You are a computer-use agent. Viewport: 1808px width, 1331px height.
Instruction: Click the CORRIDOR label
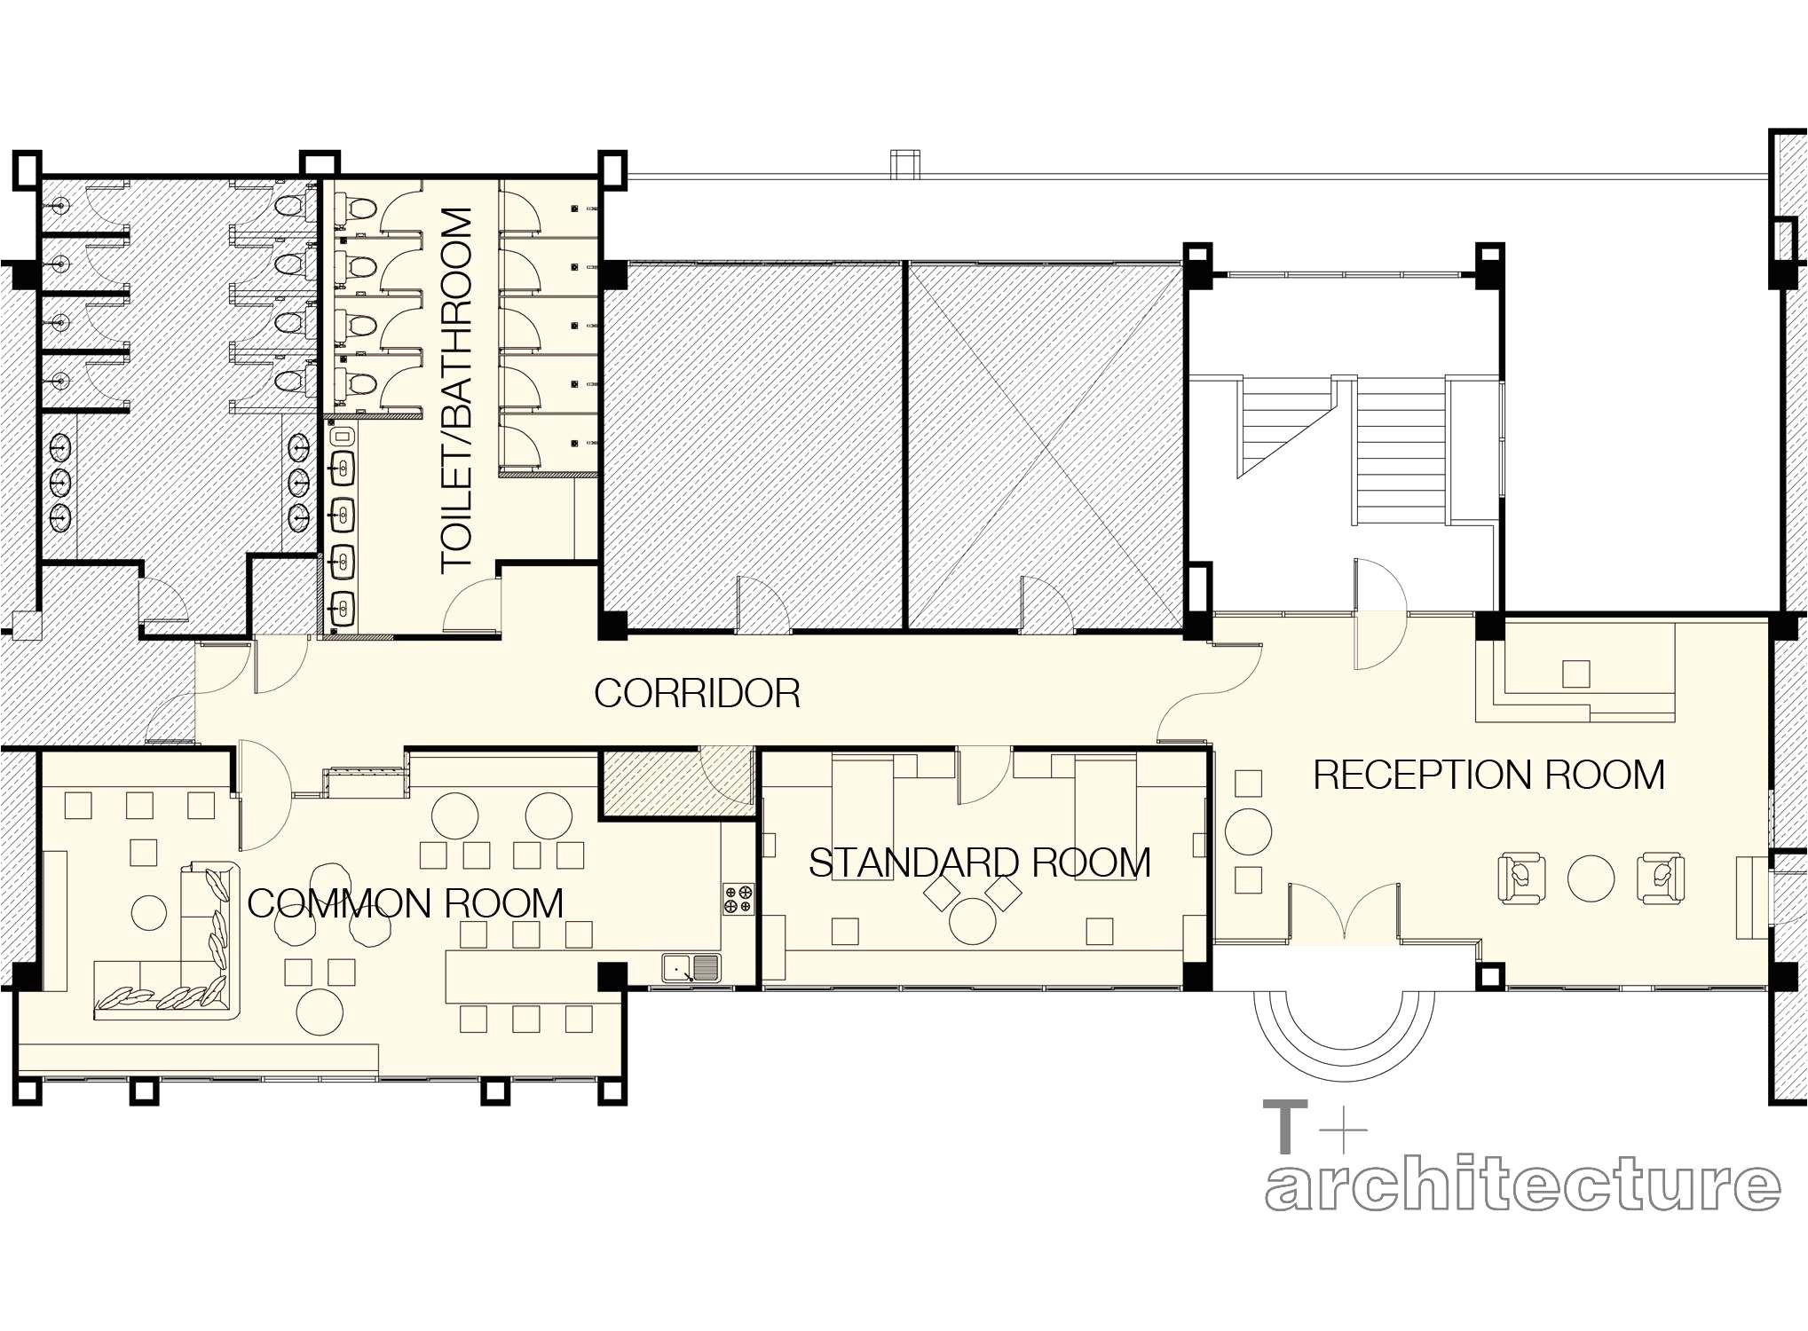pyautogui.click(x=697, y=694)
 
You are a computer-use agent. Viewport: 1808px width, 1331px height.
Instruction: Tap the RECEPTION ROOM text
pyautogui.click(x=1488, y=776)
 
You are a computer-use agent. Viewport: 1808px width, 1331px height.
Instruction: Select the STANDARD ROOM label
pyautogui.click(x=979, y=863)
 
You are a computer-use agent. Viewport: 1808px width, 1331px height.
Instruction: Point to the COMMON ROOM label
pyautogui.click(x=405, y=904)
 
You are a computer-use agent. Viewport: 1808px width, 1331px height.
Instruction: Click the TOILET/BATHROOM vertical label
pyautogui.click(x=457, y=390)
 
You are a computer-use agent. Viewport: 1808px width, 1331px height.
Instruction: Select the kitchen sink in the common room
pyautogui.click(x=691, y=968)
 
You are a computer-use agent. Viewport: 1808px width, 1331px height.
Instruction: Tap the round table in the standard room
pyautogui.click(x=972, y=921)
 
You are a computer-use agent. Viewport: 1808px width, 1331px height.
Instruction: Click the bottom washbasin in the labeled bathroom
pyautogui.click(x=342, y=609)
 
